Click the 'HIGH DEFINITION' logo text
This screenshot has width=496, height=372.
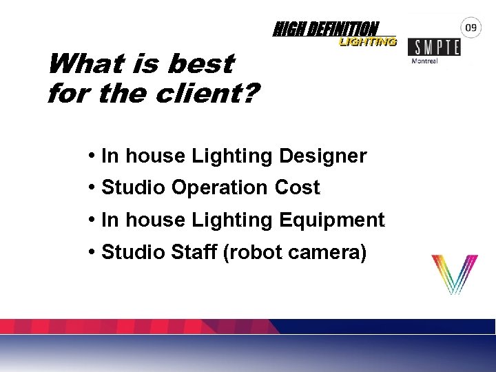pyautogui.click(x=326, y=29)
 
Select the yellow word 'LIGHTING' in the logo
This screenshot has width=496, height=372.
pyautogui.click(x=367, y=42)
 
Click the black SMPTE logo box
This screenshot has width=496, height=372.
pyautogui.click(x=434, y=47)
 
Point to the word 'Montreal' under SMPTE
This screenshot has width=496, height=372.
pyautogui.click(x=424, y=61)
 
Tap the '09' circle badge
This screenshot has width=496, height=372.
pyautogui.click(x=471, y=28)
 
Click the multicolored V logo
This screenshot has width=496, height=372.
pyautogui.click(x=454, y=274)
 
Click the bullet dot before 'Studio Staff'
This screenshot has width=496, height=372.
pyautogui.click(x=92, y=253)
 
